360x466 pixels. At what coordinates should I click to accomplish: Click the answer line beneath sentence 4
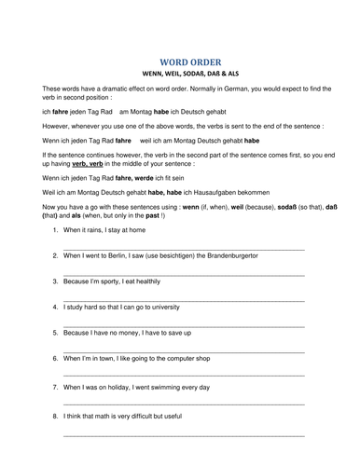click(x=183, y=323)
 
